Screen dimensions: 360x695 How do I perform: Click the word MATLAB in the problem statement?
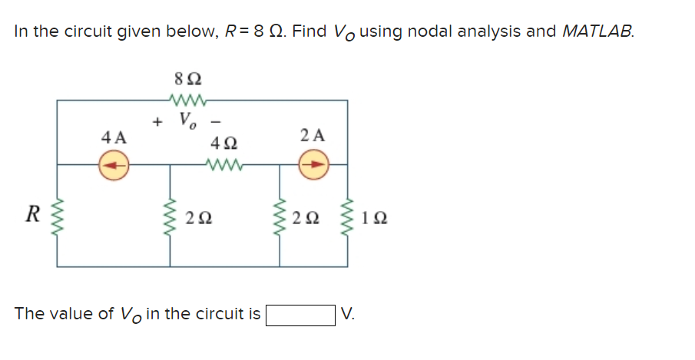point(598,31)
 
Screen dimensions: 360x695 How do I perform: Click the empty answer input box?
point(300,315)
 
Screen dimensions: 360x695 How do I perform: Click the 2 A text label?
point(313,136)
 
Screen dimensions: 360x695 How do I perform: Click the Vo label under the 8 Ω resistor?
point(186,121)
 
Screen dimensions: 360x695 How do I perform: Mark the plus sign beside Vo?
point(157,121)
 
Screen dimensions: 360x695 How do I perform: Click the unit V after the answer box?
point(348,315)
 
